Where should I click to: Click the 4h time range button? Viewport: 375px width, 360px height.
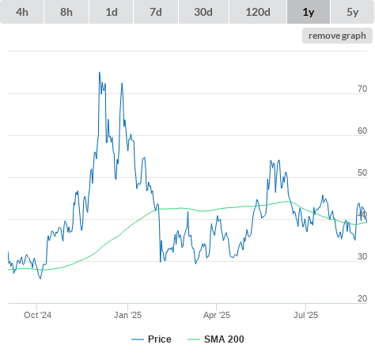(x=22, y=12)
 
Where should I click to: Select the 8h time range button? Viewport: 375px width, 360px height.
(x=66, y=12)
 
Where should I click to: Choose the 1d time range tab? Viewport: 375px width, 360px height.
(x=112, y=12)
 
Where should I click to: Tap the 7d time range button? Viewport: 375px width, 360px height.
(x=156, y=12)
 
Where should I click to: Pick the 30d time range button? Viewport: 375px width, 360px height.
(x=203, y=12)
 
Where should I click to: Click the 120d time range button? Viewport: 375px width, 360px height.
(x=258, y=12)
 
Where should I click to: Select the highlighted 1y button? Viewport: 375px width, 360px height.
(x=309, y=12)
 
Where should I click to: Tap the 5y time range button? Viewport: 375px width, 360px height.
(x=353, y=12)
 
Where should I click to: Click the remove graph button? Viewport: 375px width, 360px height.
(x=337, y=36)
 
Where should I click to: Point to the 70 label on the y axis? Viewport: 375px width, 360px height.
(x=362, y=89)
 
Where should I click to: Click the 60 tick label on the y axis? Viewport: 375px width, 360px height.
(x=362, y=131)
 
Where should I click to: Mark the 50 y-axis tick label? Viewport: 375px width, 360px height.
(x=362, y=172)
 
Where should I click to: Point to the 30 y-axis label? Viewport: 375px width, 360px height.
(x=362, y=256)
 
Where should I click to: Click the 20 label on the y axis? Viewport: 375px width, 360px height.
(x=362, y=298)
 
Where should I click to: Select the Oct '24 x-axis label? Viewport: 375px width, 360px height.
(x=37, y=315)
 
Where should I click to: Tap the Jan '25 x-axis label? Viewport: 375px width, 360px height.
(x=127, y=315)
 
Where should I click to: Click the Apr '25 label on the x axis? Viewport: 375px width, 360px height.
(x=217, y=315)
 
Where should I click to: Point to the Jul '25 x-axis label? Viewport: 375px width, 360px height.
(x=306, y=315)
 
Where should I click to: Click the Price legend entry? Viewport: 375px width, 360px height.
(x=151, y=339)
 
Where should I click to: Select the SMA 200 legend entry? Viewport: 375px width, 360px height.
(x=216, y=339)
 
